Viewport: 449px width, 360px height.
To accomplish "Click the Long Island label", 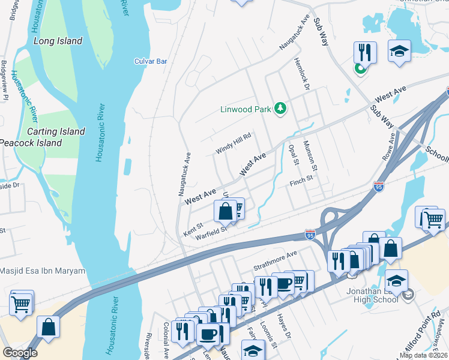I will point(58,41).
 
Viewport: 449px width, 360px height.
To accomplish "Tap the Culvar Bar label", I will point(150,61).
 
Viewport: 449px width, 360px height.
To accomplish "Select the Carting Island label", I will point(55,131).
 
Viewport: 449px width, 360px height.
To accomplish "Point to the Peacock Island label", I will point(31,143).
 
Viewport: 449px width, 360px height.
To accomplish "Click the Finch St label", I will point(301,179).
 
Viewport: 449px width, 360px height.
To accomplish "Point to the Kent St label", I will point(193,229).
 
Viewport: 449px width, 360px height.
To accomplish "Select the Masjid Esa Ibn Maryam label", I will point(43,271).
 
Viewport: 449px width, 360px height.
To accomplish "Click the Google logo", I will point(20,353).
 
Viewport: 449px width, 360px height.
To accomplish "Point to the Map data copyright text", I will point(423,355).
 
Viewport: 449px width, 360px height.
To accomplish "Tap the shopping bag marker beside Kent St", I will point(225,211).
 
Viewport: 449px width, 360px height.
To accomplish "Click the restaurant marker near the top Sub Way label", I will point(365,52).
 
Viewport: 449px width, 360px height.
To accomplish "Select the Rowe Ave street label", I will point(389,146).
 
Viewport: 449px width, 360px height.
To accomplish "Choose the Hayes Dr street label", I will point(284,326).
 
